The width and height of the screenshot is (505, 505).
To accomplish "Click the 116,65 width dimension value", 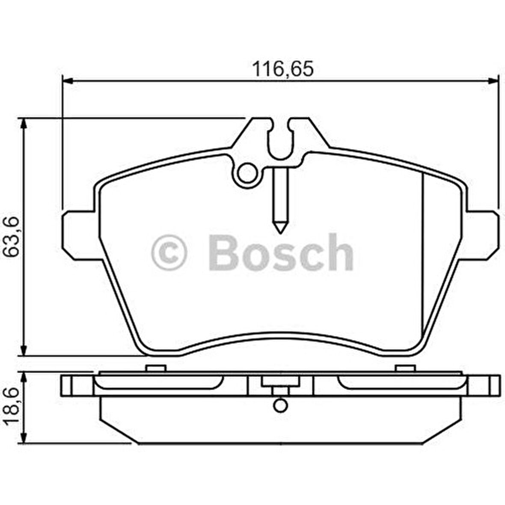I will [x=282, y=68].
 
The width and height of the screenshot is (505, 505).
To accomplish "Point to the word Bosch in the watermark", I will [x=280, y=253].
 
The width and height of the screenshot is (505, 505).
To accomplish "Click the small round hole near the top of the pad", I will [x=247, y=174].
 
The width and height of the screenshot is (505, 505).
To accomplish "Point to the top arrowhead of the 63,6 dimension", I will [x=24, y=122].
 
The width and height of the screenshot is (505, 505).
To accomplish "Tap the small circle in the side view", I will [x=280, y=405].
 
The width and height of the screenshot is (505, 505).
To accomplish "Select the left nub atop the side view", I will [x=155, y=368].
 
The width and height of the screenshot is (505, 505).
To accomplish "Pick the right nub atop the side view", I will [x=405, y=368].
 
